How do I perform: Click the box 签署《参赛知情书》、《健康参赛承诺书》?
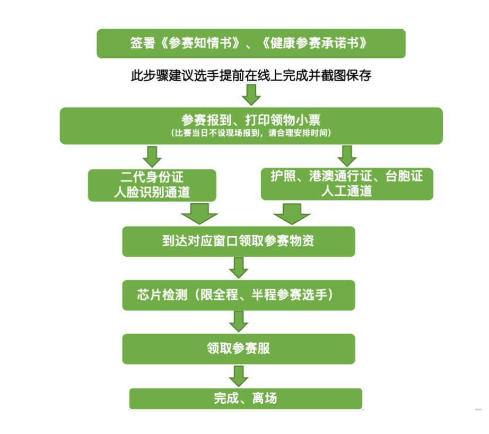click(250, 44)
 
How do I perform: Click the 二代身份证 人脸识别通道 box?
click(152, 185)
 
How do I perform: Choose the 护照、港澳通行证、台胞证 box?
click(347, 184)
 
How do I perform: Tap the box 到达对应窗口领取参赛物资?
click(238, 241)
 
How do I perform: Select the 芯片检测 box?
click(238, 295)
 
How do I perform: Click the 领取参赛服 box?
click(238, 349)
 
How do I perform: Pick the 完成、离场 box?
click(246, 398)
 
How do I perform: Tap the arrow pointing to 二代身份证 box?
click(152, 156)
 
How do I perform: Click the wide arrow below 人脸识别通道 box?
click(199, 214)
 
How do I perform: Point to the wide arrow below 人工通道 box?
click(291, 214)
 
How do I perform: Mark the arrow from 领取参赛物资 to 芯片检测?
click(239, 267)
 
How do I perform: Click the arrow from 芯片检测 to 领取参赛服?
click(239, 322)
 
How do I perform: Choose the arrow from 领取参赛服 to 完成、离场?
click(239, 376)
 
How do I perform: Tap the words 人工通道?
click(347, 192)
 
